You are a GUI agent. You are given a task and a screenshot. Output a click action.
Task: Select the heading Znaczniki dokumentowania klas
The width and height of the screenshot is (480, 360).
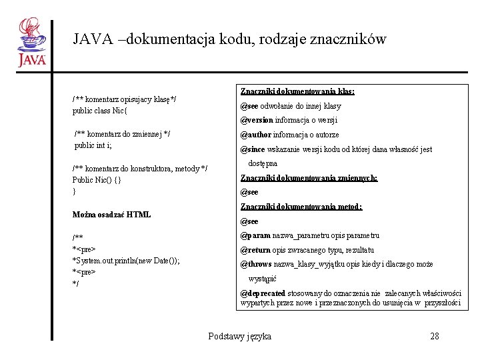(x=297, y=91)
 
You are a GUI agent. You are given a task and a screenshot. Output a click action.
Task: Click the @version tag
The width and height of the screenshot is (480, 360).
(x=257, y=121)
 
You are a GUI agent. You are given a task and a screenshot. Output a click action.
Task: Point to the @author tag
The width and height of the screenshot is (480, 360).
(x=255, y=135)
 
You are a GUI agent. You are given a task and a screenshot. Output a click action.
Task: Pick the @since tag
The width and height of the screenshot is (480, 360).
(x=253, y=149)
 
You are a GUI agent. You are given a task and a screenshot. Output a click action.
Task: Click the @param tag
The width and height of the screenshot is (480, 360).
(x=255, y=235)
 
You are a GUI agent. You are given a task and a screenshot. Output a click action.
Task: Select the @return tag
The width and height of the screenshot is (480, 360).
(x=255, y=250)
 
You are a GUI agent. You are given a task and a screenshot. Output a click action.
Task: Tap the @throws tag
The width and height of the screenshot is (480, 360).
(x=256, y=264)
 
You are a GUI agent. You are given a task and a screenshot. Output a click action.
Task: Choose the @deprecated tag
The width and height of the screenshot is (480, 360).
(x=263, y=293)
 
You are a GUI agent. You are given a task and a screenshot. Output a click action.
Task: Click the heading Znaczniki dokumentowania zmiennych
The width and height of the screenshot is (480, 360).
(x=309, y=178)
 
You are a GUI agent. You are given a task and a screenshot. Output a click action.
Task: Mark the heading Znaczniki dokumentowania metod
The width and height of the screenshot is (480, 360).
(x=301, y=207)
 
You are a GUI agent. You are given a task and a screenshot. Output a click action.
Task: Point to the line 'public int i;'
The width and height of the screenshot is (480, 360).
(x=93, y=145)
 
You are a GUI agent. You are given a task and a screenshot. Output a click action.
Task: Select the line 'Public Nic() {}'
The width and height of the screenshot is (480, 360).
(x=97, y=180)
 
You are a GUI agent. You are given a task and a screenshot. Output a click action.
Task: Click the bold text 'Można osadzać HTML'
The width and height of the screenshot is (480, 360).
(x=111, y=215)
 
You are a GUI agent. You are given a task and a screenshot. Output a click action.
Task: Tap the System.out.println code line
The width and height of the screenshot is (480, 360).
(x=126, y=260)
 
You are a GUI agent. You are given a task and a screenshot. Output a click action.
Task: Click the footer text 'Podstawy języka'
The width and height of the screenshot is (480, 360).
(x=239, y=336)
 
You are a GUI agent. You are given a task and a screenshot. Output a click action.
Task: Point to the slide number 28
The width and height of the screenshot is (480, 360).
(x=435, y=336)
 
